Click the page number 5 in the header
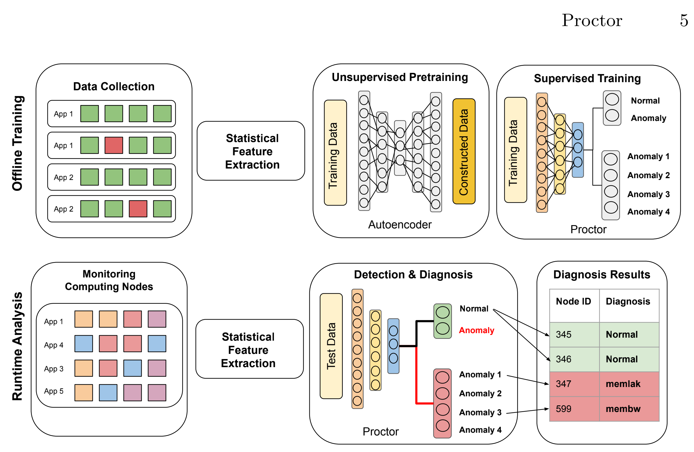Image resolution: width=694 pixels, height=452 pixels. click(x=684, y=20)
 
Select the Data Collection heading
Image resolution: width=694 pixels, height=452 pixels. click(x=114, y=86)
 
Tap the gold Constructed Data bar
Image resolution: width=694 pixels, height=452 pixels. click(x=463, y=151)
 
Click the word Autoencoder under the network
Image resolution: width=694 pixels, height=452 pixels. click(x=400, y=224)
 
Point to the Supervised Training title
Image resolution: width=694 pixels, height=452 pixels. click(x=587, y=78)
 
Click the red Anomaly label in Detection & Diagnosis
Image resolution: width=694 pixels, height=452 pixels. click(x=476, y=330)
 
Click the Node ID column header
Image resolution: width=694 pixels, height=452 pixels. click(x=573, y=301)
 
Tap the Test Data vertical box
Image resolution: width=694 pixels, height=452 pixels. click(x=331, y=346)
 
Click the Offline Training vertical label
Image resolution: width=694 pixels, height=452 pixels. click(x=17, y=143)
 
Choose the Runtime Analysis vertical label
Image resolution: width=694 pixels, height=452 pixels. click(x=17, y=346)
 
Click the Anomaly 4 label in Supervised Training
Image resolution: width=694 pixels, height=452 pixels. click(x=648, y=212)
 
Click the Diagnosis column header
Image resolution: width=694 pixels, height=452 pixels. click(x=628, y=301)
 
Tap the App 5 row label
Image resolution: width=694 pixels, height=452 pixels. click(x=54, y=391)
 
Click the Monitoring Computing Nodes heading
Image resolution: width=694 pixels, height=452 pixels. click(x=109, y=280)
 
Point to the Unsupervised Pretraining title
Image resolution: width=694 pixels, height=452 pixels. click(x=400, y=77)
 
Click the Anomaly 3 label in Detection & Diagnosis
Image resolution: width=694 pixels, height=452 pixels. click(x=480, y=412)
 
